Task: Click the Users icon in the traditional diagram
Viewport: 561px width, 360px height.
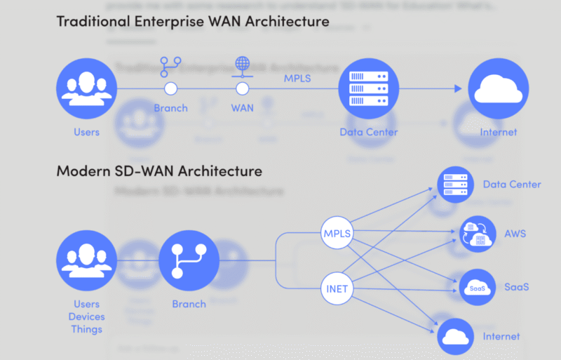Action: (x=87, y=89)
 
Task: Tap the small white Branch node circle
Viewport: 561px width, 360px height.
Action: (x=170, y=89)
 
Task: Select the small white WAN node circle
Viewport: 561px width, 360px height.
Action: (x=242, y=89)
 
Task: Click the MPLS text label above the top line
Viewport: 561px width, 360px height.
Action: (x=297, y=78)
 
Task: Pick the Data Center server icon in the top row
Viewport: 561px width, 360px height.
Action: (x=363, y=89)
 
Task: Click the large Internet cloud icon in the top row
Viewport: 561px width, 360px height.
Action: (x=498, y=89)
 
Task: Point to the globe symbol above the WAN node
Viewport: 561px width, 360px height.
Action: (x=242, y=65)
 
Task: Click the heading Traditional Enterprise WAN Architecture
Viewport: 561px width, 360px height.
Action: (x=192, y=21)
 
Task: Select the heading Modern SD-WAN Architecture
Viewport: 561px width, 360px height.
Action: (x=159, y=171)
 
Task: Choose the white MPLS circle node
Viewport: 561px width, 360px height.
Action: (x=337, y=233)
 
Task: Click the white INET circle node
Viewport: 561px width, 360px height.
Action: (x=337, y=288)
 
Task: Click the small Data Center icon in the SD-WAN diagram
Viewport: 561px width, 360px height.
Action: (x=455, y=184)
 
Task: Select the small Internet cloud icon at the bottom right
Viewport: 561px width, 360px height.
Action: (x=455, y=336)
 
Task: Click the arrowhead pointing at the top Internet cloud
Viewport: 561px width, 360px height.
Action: (x=458, y=89)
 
